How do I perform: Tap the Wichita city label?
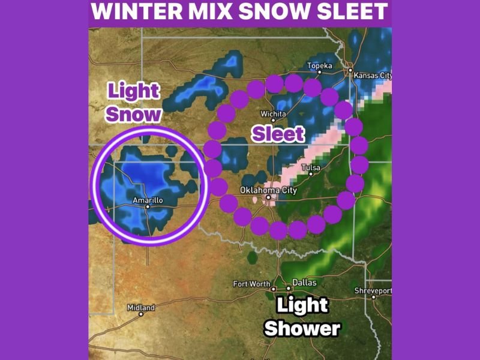(x=273, y=114)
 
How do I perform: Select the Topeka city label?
(x=319, y=65)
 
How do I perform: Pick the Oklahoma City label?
(x=268, y=190)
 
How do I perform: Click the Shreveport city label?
(x=373, y=290)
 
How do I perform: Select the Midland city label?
(x=141, y=307)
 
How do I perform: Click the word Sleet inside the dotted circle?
(x=278, y=134)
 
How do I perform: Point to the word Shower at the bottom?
(x=302, y=328)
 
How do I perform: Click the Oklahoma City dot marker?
(x=269, y=197)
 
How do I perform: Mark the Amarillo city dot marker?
(x=148, y=206)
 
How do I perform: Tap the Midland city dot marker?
(x=141, y=313)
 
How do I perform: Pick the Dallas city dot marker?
(x=288, y=288)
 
